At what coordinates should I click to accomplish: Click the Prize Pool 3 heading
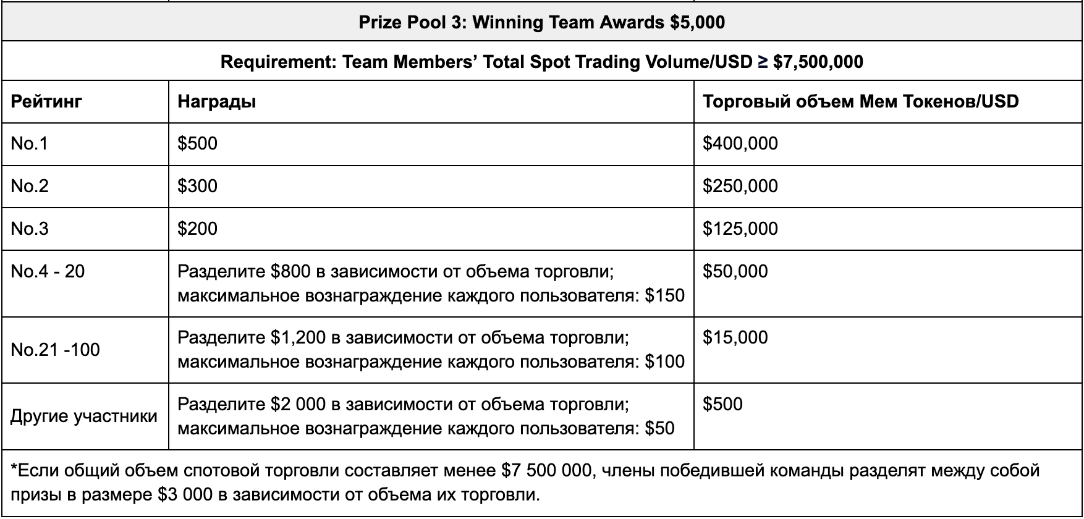tap(541, 23)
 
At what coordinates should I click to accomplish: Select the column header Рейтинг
tap(46, 101)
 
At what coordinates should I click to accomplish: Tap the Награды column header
tap(216, 101)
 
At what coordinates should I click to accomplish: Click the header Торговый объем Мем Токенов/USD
tap(860, 101)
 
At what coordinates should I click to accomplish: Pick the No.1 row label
tap(29, 143)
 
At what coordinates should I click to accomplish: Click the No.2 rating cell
tap(30, 186)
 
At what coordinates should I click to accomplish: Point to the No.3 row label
tap(30, 229)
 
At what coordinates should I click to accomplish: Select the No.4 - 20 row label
tap(48, 271)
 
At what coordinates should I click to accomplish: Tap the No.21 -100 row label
tap(55, 350)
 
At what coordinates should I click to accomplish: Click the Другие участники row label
tap(84, 416)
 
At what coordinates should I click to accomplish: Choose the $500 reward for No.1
tap(197, 143)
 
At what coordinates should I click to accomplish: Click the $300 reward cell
tap(197, 186)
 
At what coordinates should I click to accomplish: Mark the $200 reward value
tap(197, 229)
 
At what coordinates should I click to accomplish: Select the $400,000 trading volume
tap(740, 143)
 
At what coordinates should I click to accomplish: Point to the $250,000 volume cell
tap(740, 186)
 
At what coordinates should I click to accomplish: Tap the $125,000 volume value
tap(740, 229)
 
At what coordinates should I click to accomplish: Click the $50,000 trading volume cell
tap(735, 271)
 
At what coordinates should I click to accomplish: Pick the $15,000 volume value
tap(735, 337)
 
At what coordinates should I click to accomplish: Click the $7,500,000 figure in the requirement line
tap(818, 62)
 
